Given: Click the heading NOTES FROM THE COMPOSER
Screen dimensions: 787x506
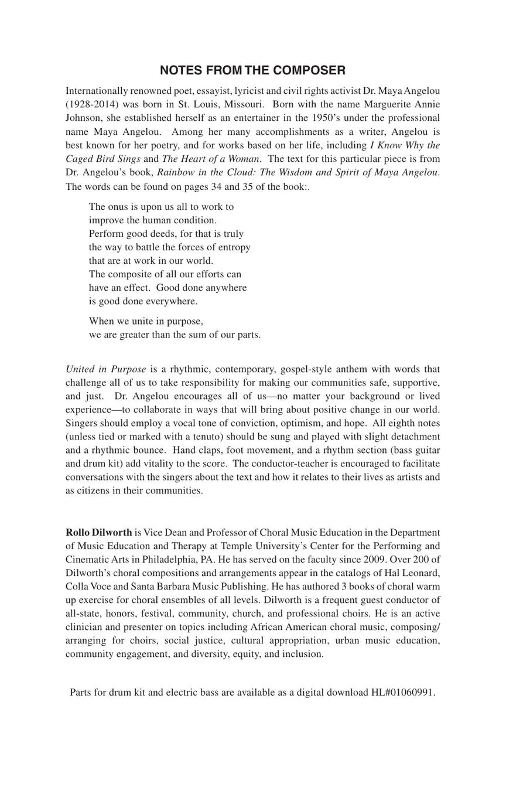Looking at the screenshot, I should (252, 71).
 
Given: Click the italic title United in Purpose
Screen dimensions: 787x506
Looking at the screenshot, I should (106, 369).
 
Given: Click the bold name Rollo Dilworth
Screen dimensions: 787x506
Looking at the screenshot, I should (99, 533).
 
